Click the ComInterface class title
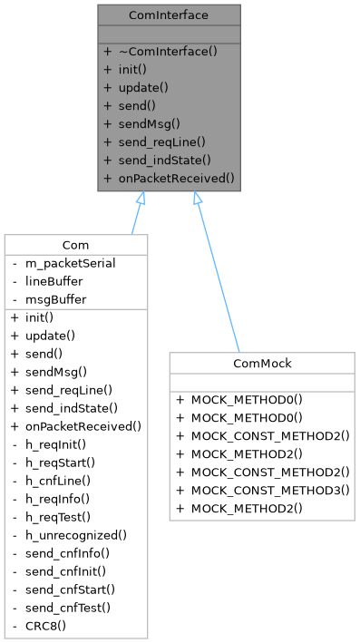pos(170,15)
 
